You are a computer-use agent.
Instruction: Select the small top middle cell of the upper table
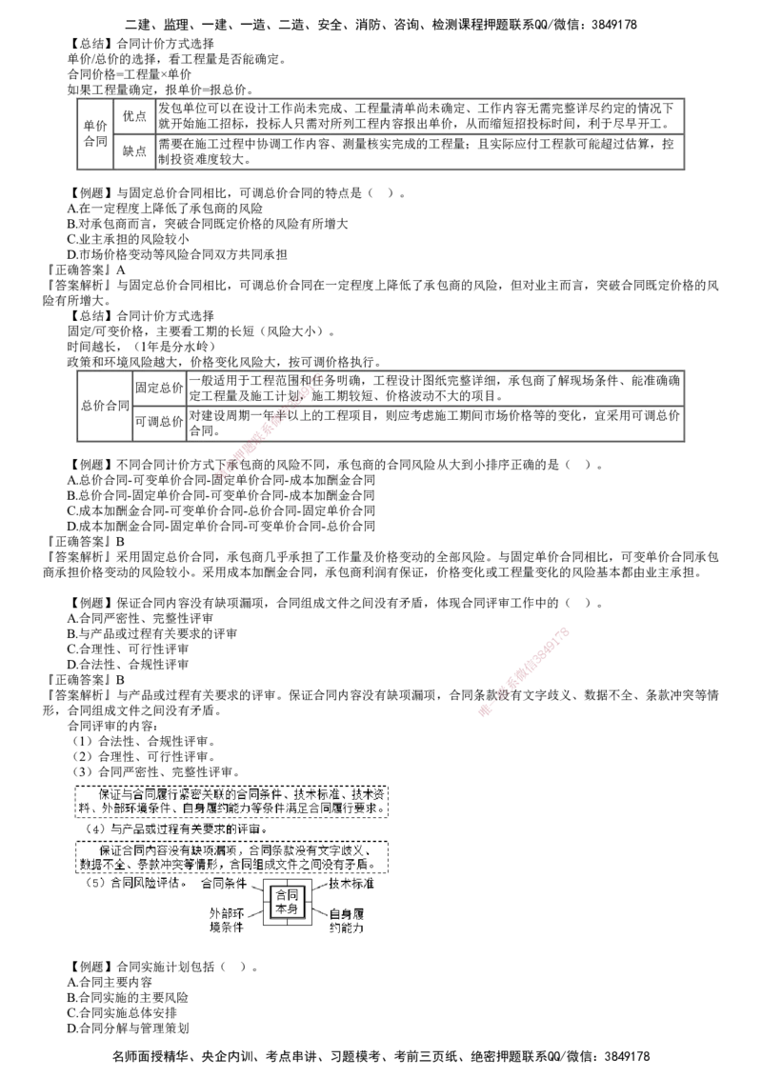tap(134, 115)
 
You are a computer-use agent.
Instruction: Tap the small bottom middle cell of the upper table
tap(134, 151)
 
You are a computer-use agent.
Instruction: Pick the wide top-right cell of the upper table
tap(419, 115)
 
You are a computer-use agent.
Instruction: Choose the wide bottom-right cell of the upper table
tap(419, 151)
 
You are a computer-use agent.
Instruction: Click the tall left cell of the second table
tap(104, 406)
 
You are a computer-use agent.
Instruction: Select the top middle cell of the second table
tap(159, 389)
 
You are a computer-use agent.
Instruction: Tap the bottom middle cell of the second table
tap(159, 424)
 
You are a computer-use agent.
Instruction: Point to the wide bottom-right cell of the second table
tap(434, 424)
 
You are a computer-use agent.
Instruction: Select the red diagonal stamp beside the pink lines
tap(524, 672)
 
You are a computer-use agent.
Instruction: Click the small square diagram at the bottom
tap(288, 902)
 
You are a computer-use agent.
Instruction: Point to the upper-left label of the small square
tap(254, 888)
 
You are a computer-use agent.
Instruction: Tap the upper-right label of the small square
tap(321, 888)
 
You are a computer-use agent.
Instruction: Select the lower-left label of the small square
tap(254, 915)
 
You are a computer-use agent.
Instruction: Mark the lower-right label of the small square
tap(321, 915)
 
